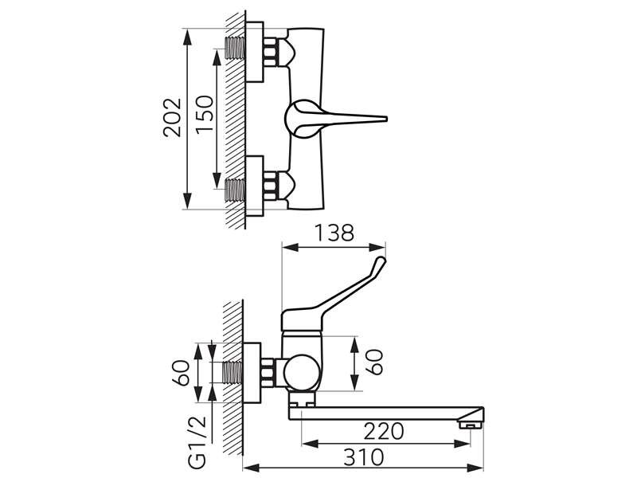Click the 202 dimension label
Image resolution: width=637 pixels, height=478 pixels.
click(172, 117)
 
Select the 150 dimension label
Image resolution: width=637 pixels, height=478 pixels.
click(205, 113)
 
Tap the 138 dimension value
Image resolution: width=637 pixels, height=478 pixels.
click(334, 233)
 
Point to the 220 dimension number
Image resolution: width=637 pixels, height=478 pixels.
click(384, 431)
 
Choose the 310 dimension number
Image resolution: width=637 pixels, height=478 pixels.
click(364, 457)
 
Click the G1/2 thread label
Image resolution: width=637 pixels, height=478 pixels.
click(197, 441)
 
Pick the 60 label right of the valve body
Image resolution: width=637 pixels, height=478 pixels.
click(374, 362)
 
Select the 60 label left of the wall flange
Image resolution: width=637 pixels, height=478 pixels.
click(181, 373)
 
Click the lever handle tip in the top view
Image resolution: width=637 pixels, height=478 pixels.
click(385, 119)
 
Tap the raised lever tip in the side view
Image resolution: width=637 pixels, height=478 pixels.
click(381, 261)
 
